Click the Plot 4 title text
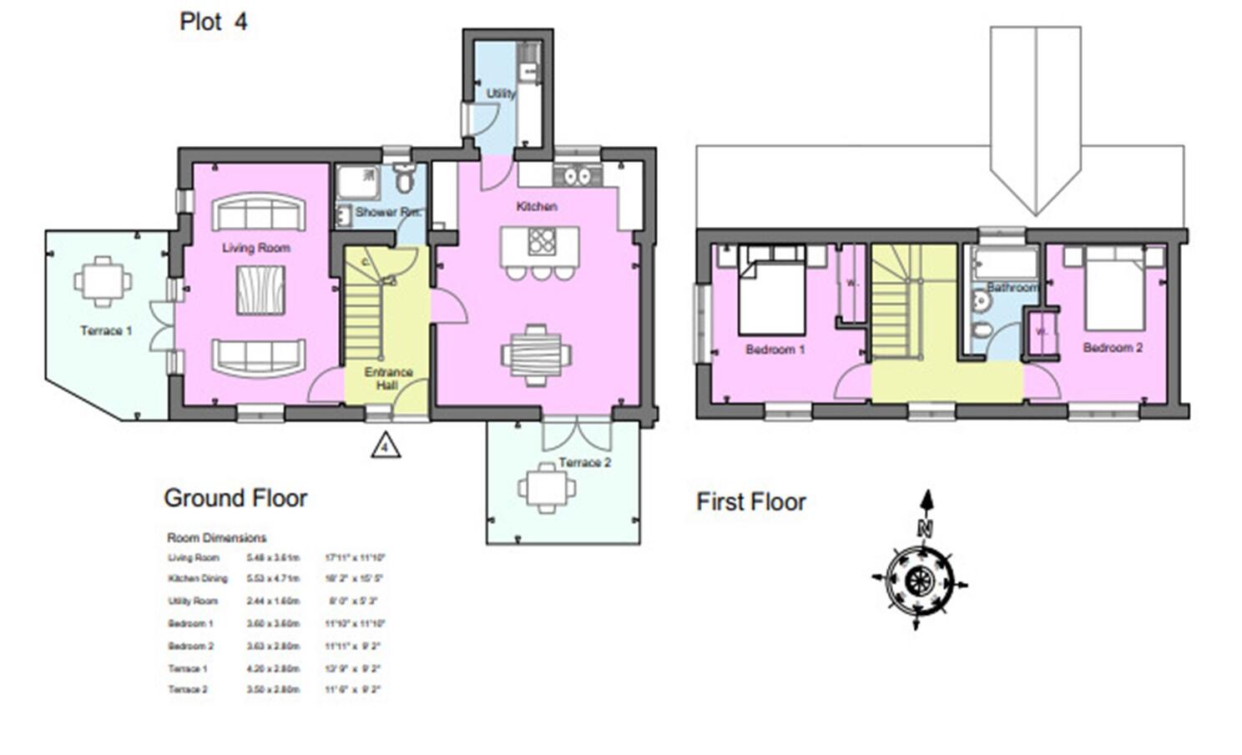click(x=214, y=22)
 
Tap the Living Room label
click(x=255, y=248)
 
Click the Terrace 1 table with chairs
click(x=102, y=282)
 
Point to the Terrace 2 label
click(x=584, y=462)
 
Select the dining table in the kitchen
click(x=536, y=355)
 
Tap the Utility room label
click(x=501, y=93)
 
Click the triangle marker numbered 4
click(x=385, y=446)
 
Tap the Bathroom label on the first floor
click(x=1012, y=287)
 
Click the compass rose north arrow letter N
click(x=924, y=527)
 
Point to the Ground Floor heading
click(x=235, y=498)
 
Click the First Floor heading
click(x=751, y=502)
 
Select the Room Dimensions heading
click(x=216, y=538)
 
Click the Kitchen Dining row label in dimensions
click(x=197, y=578)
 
